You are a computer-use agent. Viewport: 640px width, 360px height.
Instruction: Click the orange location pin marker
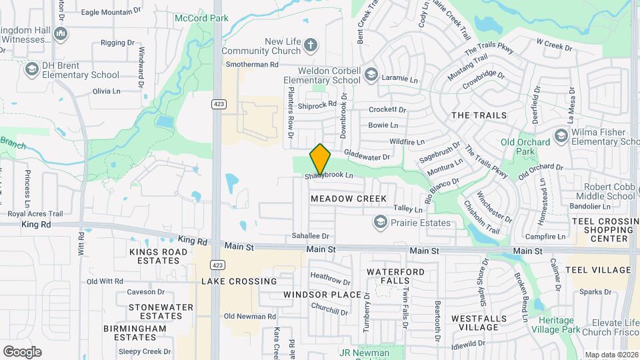click(x=321, y=159)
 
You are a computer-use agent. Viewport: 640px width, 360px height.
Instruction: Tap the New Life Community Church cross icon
click(x=310, y=45)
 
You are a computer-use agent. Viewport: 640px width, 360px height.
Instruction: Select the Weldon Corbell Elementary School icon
click(x=371, y=75)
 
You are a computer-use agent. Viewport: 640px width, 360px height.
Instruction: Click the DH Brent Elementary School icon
click(x=31, y=69)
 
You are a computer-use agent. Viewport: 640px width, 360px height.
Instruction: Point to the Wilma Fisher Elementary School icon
click(x=561, y=136)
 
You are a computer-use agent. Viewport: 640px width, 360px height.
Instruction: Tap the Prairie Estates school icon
click(x=380, y=223)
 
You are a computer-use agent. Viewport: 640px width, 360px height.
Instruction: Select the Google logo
click(x=22, y=351)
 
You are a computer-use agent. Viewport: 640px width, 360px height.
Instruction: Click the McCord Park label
click(x=197, y=18)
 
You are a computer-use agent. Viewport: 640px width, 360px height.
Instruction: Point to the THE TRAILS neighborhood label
click(x=479, y=115)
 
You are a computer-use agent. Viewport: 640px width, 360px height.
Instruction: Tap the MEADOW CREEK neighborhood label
click(x=348, y=199)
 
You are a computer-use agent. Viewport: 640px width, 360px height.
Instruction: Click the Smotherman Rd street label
click(x=251, y=65)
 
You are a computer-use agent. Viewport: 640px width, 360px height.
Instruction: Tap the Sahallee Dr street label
click(x=311, y=236)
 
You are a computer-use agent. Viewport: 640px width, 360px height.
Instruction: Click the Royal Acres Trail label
click(x=35, y=214)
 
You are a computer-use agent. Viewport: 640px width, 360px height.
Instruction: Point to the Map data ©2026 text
click(x=611, y=355)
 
